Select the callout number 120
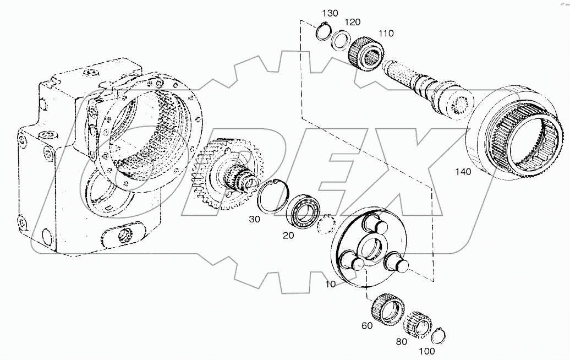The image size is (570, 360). [x=353, y=22]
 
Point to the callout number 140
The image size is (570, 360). [x=463, y=172]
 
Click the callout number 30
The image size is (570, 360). [x=254, y=219]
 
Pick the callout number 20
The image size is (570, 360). [x=288, y=235]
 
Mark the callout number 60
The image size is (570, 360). [x=367, y=326]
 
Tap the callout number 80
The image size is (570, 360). [x=401, y=341]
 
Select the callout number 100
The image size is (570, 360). [x=427, y=351]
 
